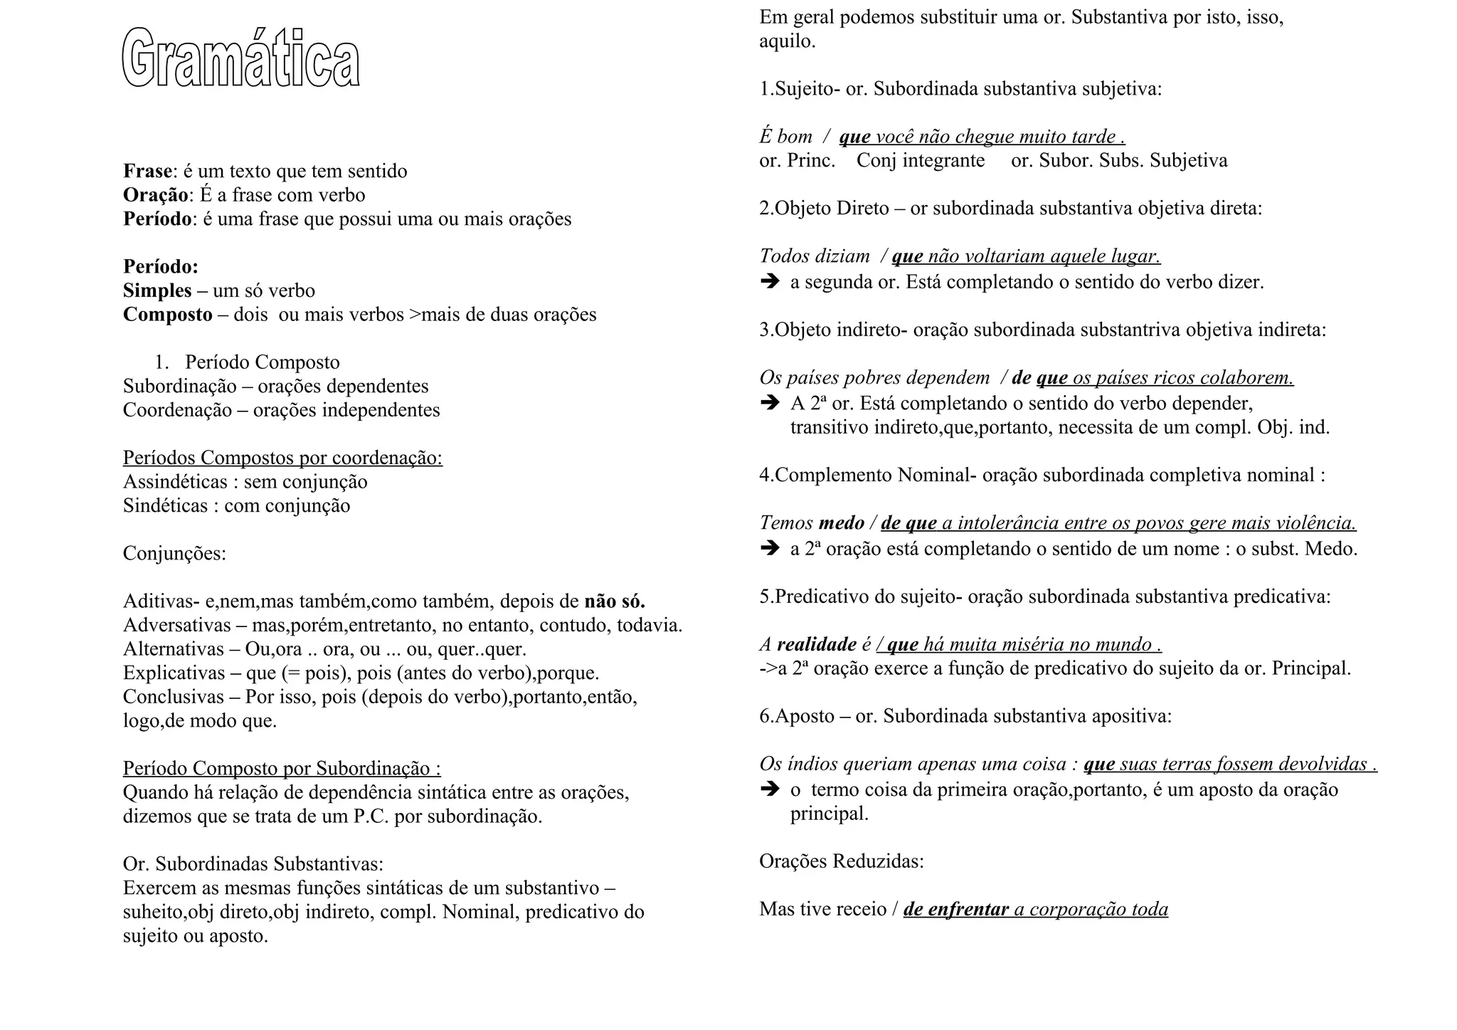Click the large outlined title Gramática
coord(240,58)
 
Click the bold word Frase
coord(147,172)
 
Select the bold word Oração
coord(156,195)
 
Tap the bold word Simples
coord(157,290)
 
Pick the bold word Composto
coord(167,315)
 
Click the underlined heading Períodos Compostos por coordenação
coord(282,458)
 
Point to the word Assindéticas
coord(175,482)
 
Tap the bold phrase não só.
coord(615,601)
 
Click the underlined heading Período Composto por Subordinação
coord(282,769)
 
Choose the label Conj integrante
coord(921,160)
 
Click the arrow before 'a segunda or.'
coord(770,282)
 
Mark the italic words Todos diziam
coord(815,256)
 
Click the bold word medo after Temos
coord(841,523)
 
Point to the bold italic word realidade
coord(817,645)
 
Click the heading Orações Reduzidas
coord(842,861)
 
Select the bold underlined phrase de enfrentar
coord(956,909)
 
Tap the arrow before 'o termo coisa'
coord(770,789)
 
